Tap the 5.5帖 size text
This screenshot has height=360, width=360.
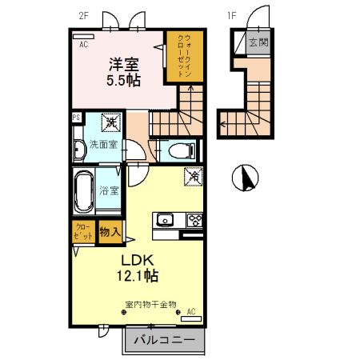pos(124,81)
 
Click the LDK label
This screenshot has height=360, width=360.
pos(138,261)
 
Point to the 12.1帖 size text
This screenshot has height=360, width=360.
pos(138,276)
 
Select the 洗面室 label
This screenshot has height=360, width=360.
pos(103,145)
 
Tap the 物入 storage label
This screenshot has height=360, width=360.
pos(110,233)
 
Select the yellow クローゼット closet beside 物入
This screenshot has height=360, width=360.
pos(82,233)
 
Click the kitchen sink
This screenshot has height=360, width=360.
pos(166,219)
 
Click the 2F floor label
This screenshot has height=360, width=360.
pos(83,14)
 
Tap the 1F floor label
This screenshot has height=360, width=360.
pos(232,14)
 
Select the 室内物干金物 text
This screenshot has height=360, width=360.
pos(150,304)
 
